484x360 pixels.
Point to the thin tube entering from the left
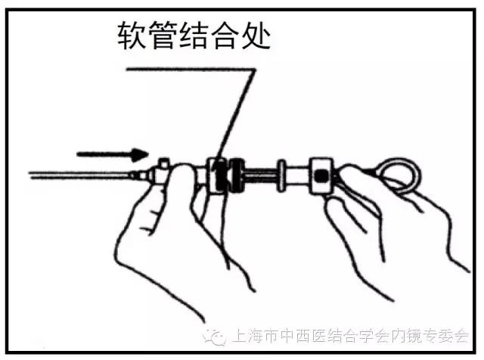76,175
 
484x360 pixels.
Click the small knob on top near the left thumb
163,163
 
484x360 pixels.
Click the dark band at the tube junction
219,175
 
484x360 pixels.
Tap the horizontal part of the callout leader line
189,69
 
